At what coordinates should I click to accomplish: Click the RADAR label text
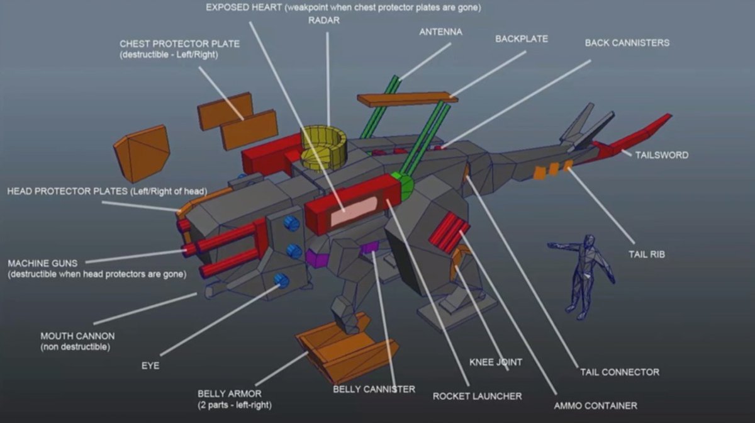324,20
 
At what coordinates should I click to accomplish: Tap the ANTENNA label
440,31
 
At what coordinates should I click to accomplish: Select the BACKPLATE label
521,39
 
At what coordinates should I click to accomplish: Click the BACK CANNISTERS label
627,43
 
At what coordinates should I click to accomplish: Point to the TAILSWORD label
661,155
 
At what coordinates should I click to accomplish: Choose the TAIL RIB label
647,255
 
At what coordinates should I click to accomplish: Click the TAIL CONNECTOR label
620,372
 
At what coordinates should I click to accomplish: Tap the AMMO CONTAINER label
595,405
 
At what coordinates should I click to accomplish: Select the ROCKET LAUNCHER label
477,396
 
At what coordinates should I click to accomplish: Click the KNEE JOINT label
496,363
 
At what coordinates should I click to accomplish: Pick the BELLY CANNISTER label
374,389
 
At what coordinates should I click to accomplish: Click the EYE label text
150,365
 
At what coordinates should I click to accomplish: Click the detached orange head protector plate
142,152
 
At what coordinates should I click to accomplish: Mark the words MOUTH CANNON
77,336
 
